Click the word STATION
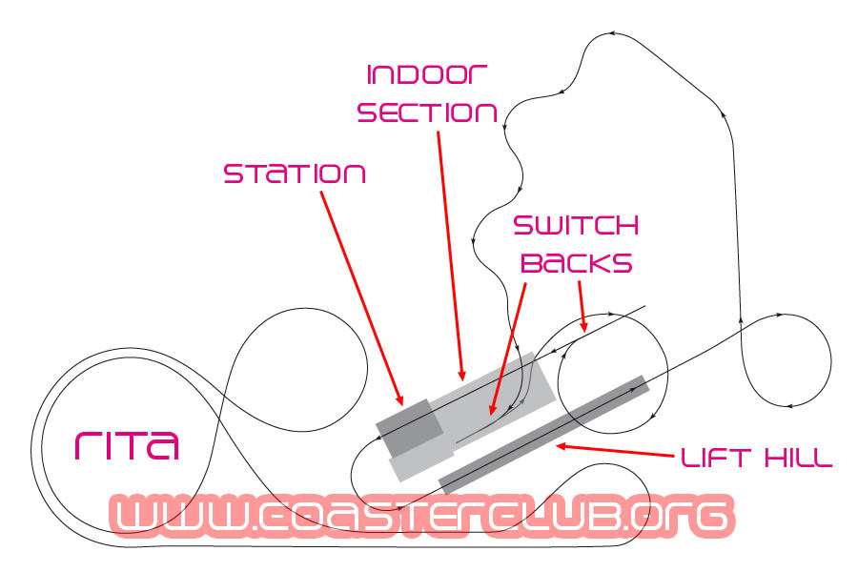coord(295,174)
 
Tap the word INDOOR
coord(428,74)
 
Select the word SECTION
coord(428,112)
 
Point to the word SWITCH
coord(576,226)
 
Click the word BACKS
coord(577,262)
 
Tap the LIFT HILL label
coord(757,458)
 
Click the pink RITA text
coord(127,446)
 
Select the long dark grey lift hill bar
coord(543,434)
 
